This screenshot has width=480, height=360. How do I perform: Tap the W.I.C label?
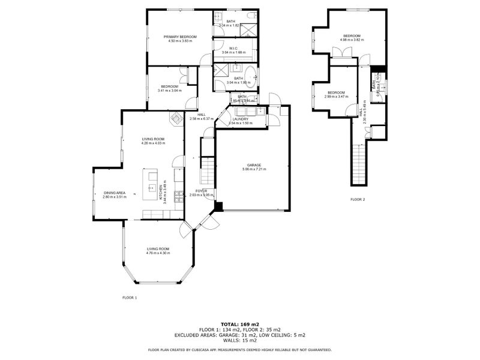click(x=235, y=47)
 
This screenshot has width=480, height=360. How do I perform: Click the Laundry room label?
click(x=241, y=119)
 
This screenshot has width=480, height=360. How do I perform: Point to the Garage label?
click(x=255, y=165)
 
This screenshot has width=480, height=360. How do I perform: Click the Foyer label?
click(x=200, y=190)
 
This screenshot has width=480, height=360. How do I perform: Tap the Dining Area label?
click(x=114, y=193)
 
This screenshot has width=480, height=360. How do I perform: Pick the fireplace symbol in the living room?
click(x=177, y=118)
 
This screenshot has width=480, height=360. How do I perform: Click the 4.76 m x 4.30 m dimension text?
click(x=158, y=253)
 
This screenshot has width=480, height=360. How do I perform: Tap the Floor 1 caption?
click(x=130, y=298)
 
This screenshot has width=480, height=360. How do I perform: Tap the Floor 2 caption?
click(x=358, y=199)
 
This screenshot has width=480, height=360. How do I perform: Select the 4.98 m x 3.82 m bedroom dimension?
click(x=352, y=40)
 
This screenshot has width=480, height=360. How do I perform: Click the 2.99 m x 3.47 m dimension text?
click(x=336, y=97)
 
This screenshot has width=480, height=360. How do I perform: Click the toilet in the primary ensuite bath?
click(x=219, y=18)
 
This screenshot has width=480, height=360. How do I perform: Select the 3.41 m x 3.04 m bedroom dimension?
click(x=169, y=91)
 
